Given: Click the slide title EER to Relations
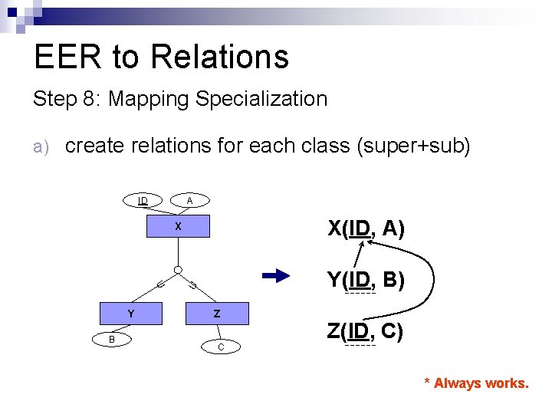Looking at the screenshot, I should click(x=161, y=57).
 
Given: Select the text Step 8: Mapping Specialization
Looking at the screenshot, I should click(x=179, y=99).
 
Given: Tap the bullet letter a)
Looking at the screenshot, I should click(x=41, y=146).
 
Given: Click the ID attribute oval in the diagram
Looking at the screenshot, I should click(x=143, y=201).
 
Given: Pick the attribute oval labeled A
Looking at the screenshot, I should click(x=189, y=201).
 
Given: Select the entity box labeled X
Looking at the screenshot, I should click(x=178, y=226).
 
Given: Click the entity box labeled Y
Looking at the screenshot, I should click(x=131, y=314).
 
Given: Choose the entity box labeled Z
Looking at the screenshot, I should click(x=217, y=314).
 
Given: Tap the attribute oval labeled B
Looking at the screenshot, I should click(x=111, y=339).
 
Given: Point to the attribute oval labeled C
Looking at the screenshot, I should click(x=221, y=347).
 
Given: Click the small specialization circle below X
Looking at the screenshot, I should click(x=177, y=270).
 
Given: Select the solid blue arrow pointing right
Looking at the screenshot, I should click(x=276, y=277).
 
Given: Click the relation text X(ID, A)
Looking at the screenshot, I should click(x=366, y=228).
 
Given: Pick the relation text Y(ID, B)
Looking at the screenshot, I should click(x=366, y=280).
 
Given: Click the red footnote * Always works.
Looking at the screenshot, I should click(x=476, y=383).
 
